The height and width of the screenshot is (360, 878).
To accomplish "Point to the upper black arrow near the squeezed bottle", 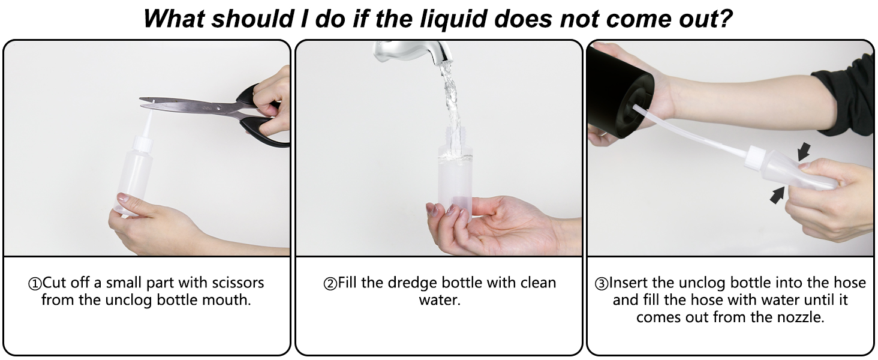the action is [x=803, y=151].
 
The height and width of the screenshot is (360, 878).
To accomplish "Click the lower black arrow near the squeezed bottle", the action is [x=777, y=195].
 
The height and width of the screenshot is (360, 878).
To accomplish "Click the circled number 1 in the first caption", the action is [x=35, y=284].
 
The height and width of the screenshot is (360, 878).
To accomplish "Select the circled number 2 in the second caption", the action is [x=330, y=284].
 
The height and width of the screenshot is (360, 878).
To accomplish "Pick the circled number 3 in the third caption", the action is [x=602, y=284].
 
